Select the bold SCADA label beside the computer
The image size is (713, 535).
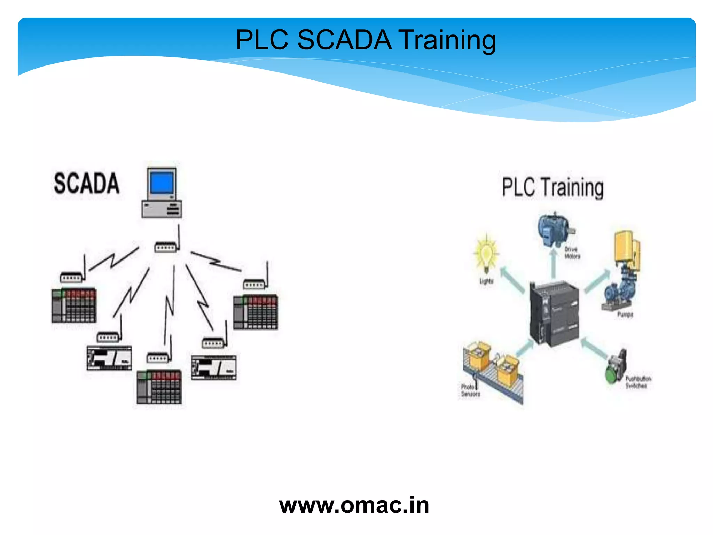click(86, 183)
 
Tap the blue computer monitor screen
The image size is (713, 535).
click(161, 183)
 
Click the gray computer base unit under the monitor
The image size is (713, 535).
click(162, 209)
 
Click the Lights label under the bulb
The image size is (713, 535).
click(486, 281)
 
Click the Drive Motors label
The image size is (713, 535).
click(572, 253)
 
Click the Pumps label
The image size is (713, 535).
click(625, 315)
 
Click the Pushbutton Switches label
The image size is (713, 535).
click(638, 382)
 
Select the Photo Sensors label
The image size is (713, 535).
click(470, 390)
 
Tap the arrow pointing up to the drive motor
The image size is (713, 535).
click(554, 263)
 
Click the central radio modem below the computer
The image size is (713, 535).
click(166, 247)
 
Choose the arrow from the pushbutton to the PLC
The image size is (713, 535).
click(594, 348)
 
